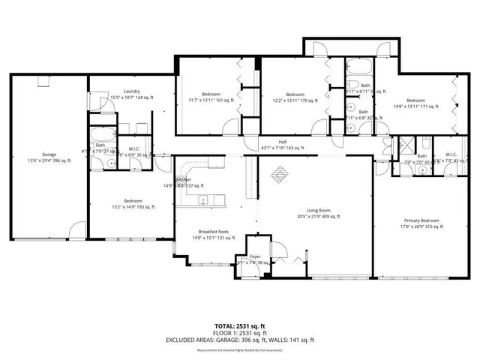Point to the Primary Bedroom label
(420, 220)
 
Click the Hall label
(283, 141)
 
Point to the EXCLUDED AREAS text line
(240, 340)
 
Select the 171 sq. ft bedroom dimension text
(415, 106)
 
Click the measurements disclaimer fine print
(240, 349)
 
